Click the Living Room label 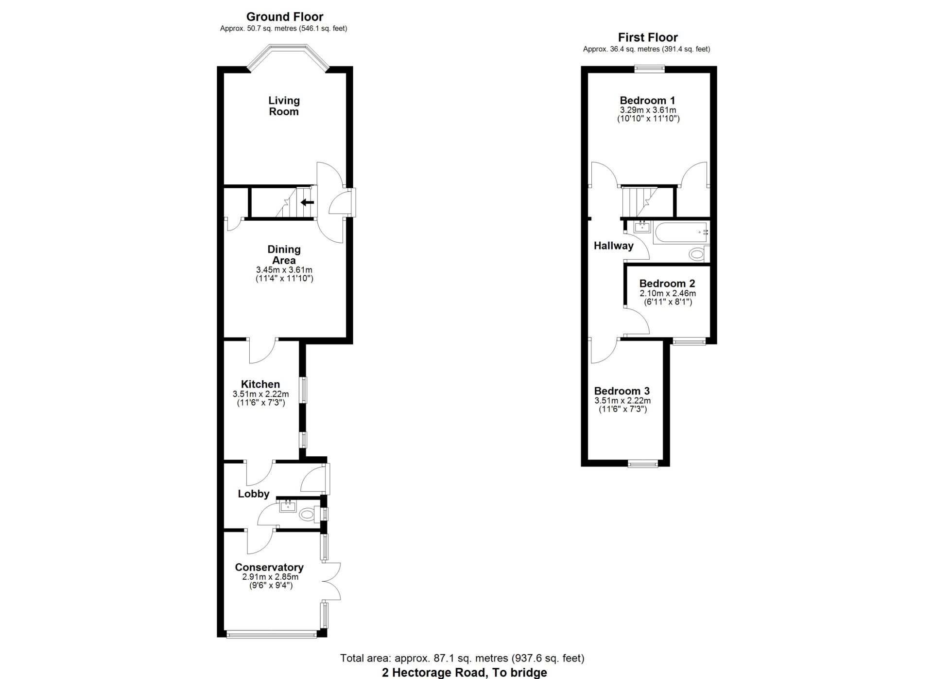(284, 106)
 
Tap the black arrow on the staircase (307, 202)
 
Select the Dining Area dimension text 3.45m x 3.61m (284, 270)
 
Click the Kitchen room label (260, 384)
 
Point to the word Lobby (254, 494)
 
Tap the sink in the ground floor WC (288, 506)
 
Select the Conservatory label (269, 567)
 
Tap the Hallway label (613, 246)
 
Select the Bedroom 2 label (667, 284)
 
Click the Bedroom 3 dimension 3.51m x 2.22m (622, 401)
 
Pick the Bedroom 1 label (648, 100)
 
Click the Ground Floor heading (285, 17)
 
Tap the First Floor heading (648, 37)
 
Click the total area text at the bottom (462, 659)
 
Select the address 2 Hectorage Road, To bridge (465, 673)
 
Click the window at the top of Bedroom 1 (650, 69)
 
